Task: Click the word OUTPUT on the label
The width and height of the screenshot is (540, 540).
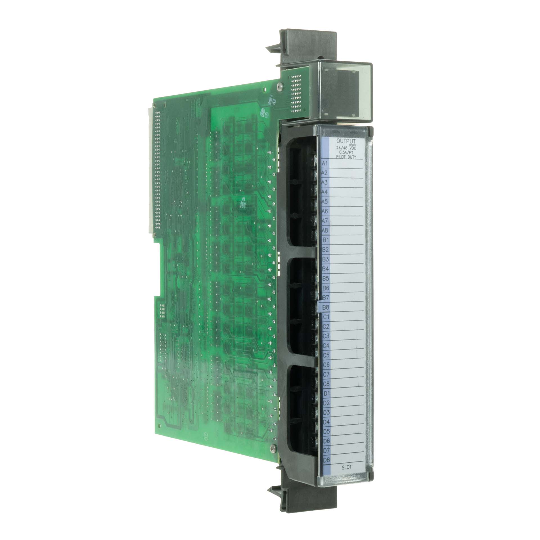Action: point(346,141)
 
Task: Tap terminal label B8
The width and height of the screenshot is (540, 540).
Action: point(326,307)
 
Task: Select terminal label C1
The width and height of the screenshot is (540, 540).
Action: point(326,317)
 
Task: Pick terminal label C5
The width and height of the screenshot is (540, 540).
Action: point(327,355)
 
